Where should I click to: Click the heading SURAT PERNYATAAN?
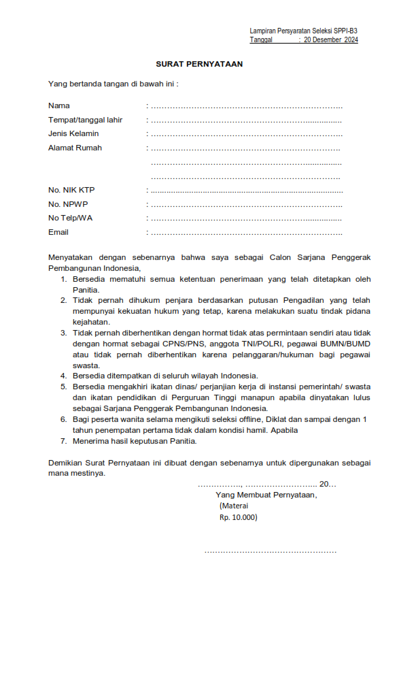tap(199, 64)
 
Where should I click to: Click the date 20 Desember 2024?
tap(330, 40)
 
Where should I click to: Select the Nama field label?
tap(59, 105)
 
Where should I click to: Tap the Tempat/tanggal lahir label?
tap(85, 120)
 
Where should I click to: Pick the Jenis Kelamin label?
tap(73, 133)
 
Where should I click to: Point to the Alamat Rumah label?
tap(75, 148)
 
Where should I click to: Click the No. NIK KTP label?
tap(71, 190)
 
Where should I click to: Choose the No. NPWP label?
tap(68, 204)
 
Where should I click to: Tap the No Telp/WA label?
tap(70, 218)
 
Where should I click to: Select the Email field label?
tap(58, 232)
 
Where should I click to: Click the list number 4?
tap(63, 376)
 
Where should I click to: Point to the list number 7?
tap(63, 441)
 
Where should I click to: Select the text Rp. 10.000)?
tap(239, 517)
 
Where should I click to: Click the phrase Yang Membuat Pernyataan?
tap(266, 495)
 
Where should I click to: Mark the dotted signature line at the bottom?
tap(270, 551)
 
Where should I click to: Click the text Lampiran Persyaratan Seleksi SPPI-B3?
tap(303, 31)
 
